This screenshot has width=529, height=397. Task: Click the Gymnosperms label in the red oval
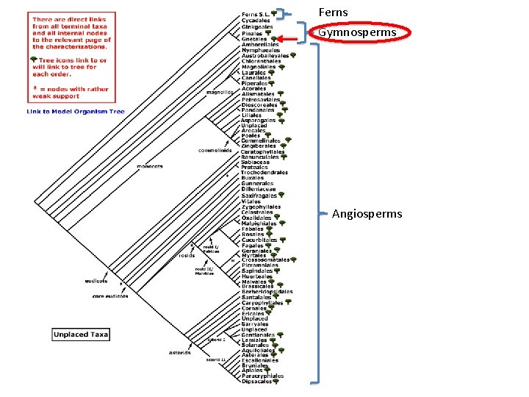coord(357,32)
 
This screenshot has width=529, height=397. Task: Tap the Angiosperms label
coord(367,214)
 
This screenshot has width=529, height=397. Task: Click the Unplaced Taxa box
coord(81,335)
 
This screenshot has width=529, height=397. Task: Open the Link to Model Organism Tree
coord(76,112)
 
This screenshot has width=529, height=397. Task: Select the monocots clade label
coord(150,166)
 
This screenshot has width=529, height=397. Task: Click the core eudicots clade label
coord(110,296)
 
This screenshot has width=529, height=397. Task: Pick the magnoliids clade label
coord(220,93)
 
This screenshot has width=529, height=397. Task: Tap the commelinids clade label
coord(215,150)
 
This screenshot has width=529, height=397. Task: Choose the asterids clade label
coord(179,353)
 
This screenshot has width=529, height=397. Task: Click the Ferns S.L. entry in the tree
coord(253,13)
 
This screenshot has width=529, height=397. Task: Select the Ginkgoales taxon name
coord(256,26)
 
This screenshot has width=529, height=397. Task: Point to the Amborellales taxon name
coord(260,44)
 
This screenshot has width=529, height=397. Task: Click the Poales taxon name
coord(251,135)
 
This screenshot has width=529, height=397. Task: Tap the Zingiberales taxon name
coord(258,146)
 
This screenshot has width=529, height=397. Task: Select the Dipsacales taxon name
coord(256,381)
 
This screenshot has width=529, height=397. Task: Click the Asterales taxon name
coord(254,355)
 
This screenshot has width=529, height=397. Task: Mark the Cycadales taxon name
coord(256,20)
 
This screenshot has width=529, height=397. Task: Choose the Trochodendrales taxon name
coord(264,172)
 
